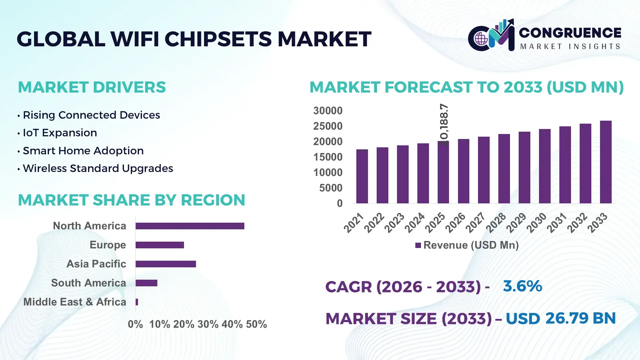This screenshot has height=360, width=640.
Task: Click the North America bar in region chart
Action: click(x=190, y=226)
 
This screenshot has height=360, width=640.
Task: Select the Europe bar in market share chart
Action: click(x=160, y=245)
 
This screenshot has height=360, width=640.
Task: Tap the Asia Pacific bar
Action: click(x=166, y=264)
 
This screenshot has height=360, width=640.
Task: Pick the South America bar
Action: click(x=146, y=283)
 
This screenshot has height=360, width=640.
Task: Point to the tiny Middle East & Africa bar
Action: click(x=137, y=302)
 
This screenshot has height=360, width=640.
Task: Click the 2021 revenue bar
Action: click(x=362, y=177)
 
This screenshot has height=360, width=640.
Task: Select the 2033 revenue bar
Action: click(x=606, y=162)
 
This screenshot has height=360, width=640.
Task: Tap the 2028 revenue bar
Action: click(x=504, y=169)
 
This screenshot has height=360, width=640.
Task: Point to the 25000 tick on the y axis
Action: click(x=328, y=126)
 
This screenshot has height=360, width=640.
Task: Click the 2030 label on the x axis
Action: click(x=537, y=222)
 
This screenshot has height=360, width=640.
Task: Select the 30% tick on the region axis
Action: click(x=208, y=324)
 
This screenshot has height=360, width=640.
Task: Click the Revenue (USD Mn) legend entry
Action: click(x=467, y=245)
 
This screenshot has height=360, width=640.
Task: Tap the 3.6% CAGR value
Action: click(x=522, y=286)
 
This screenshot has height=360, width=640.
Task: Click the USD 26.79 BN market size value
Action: click(x=561, y=318)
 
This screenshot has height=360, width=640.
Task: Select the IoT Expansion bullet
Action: click(x=60, y=133)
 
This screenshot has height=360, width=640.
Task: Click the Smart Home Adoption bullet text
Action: click(x=83, y=151)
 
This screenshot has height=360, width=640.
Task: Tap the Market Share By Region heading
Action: click(x=131, y=200)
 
